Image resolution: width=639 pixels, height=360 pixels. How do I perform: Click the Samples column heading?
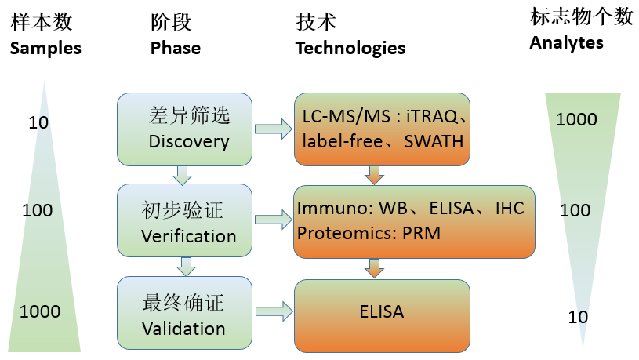click(x=45, y=49)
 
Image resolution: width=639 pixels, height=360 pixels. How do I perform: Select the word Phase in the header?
click(x=176, y=48)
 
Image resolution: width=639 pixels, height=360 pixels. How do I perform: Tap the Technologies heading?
click(x=350, y=49)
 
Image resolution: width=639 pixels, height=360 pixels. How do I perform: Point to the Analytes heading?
click(x=566, y=43)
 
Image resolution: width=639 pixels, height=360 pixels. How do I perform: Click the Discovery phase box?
click(x=184, y=129)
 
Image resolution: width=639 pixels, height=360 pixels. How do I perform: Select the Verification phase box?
click(x=184, y=220)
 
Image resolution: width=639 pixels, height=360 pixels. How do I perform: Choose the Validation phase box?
click(x=184, y=313)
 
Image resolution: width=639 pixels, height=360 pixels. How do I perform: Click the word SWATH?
click(x=434, y=141)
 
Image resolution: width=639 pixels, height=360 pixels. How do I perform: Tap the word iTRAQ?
click(x=432, y=117)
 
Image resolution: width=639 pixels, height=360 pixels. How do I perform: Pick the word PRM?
click(x=421, y=233)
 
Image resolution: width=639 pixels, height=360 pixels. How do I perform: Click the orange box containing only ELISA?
click(x=382, y=316)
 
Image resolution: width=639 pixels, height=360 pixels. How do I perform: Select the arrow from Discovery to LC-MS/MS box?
click(x=274, y=129)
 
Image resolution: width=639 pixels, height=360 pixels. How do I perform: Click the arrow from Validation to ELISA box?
click(x=274, y=312)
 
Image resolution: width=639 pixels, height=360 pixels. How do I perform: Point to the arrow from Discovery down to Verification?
click(x=182, y=176)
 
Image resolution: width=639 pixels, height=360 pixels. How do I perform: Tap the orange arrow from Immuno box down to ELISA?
click(x=374, y=268)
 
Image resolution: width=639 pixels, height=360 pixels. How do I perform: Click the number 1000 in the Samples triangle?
click(x=40, y=311)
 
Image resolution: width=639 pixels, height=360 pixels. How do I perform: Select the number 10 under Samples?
click(x=38, y=122)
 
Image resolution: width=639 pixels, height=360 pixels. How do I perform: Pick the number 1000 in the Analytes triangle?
click(x=576, y=119)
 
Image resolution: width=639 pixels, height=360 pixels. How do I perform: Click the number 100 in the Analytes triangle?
click(x=575, y=210)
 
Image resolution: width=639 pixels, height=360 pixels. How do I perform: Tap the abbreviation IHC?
click(x=510, y=209)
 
